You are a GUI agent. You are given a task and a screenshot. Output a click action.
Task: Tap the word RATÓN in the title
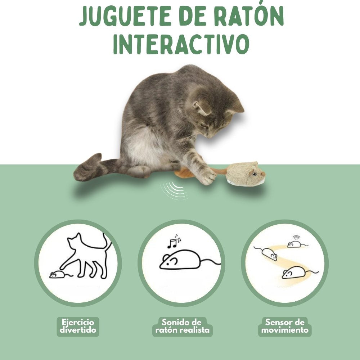pyautogui.click(x=249, y=16)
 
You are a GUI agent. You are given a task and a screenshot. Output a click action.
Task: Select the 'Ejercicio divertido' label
pyautogui.click(x=78, y=326)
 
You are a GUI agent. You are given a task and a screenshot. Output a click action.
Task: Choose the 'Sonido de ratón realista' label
pyautogui.click(x=182, y=326)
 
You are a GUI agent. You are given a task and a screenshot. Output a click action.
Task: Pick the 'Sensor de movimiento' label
pyautogui.click(x=285, y=326)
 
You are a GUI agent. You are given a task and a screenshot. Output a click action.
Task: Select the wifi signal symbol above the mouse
pyautogui.click(x=296, y=237)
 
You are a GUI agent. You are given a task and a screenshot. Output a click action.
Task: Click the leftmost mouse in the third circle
pyautogui.click(x=268, y=253)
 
